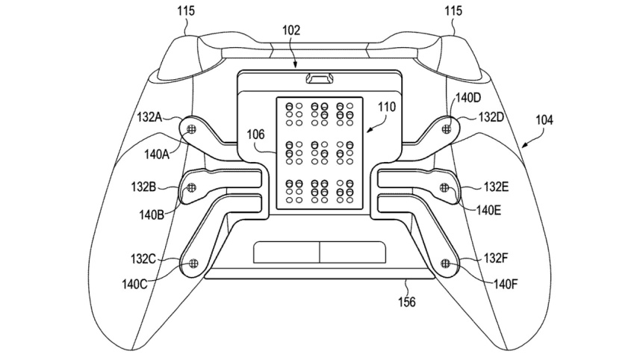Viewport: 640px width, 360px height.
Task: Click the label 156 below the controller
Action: click(406, 302)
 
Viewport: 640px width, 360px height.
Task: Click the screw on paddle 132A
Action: click(193, 128)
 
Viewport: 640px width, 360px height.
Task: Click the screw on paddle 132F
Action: click(446, 262)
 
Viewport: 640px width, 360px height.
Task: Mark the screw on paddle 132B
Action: click(192, 187)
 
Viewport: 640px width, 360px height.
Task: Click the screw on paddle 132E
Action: click(446, 187)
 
